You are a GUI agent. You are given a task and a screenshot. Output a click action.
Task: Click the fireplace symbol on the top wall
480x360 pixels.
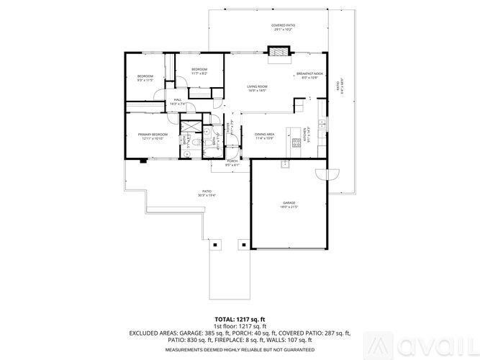(279, 51)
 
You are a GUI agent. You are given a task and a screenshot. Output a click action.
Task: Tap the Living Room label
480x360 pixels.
(257, 88)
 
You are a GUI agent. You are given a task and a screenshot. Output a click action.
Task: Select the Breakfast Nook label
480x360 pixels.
(309, 75)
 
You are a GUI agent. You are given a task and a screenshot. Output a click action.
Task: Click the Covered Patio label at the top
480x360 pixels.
(283, 27)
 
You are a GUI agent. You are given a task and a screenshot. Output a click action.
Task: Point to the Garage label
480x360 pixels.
(289, 204)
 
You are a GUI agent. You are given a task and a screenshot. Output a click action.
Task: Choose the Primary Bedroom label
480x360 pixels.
(154, 136)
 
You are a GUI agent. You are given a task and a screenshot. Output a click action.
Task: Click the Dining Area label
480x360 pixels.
(265, 135)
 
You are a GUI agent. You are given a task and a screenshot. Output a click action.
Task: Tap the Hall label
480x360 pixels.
(177, 102)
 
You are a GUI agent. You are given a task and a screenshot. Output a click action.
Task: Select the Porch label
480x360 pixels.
(232, 162)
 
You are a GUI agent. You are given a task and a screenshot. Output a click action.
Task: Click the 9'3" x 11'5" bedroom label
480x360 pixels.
(145, 78)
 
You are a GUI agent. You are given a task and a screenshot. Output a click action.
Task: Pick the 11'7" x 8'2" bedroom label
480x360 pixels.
(199, 71)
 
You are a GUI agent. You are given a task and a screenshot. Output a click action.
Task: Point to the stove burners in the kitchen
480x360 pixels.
(294, 142)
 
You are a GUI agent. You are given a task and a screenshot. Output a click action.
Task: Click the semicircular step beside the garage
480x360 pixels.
(333, 174)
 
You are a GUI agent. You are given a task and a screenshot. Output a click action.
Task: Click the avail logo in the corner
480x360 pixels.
(445, 344)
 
